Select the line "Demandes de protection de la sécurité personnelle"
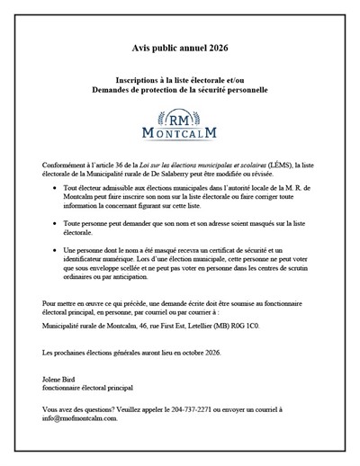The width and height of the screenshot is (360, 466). (179, 91)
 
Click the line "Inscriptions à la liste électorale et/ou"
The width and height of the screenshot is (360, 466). (180, 81)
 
